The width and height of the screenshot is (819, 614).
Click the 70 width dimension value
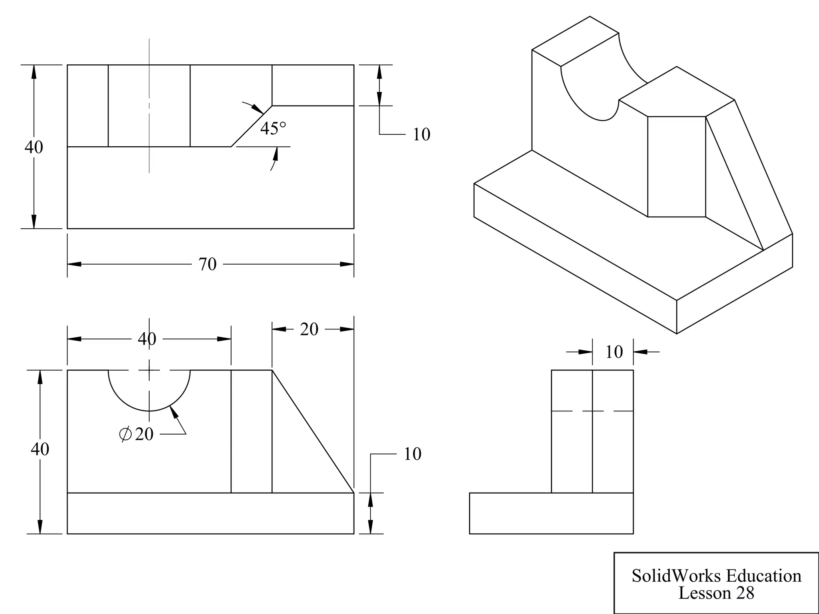coord(207,264)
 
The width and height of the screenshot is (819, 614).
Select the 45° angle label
coord(273,129)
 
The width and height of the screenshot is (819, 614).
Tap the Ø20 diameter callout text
coord(137,434)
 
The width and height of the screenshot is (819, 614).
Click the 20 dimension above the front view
coord(309,329)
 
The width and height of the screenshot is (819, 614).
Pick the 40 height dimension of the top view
coord(34,147)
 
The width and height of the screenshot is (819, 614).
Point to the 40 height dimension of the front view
coord(40,449)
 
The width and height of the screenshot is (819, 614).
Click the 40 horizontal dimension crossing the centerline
coord(147,339)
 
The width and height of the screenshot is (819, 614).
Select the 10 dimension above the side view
coord(613,352)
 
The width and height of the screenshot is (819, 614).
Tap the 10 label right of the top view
coord(421,135)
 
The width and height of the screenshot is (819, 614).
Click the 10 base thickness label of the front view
coord(412,454)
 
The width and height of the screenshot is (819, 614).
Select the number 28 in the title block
coord(745,593)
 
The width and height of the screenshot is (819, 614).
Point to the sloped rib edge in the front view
coord(313,431)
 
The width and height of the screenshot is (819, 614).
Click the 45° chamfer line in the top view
coord(252,126)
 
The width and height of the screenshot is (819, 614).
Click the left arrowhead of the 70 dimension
coord(74,264)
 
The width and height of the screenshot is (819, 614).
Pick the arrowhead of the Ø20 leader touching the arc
coord(174,412)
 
